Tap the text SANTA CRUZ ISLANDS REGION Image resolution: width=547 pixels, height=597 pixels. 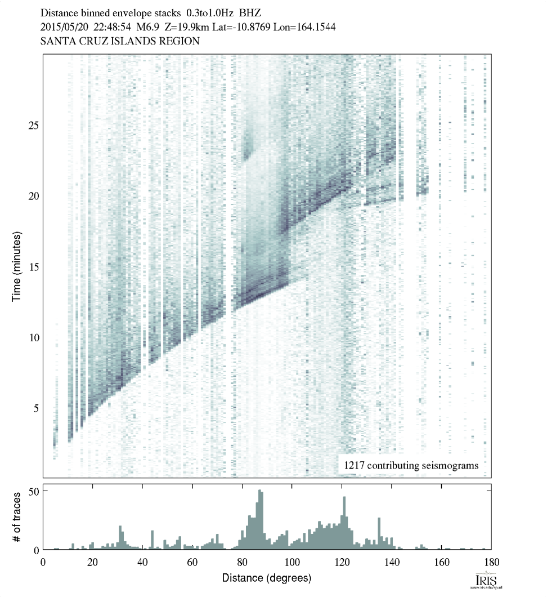pos(119,41)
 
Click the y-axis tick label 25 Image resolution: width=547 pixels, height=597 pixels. pos(33,124)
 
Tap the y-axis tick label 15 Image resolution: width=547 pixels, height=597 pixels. pos(33,266)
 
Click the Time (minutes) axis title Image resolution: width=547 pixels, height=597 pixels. pos(17,265)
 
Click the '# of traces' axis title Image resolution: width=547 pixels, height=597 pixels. pos(17,517)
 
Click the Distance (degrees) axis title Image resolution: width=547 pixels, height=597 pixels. pos(266,578)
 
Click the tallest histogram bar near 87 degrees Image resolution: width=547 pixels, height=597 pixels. pos(259,520)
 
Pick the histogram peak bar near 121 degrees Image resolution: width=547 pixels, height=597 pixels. pos(344,523)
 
